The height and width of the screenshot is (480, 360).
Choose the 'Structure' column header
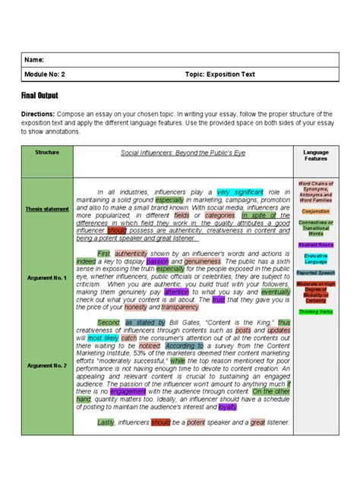point(47,152)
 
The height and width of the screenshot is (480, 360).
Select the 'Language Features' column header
point(315,156)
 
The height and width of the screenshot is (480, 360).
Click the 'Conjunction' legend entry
point(315,211)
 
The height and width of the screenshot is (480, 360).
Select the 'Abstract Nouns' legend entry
point(315,246)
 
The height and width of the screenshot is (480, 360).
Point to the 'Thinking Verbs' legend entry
point(315,311)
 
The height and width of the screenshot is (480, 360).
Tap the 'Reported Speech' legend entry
point(315,272)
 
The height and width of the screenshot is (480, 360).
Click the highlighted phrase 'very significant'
point(239,192)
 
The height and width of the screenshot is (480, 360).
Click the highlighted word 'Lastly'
point(105,422)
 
